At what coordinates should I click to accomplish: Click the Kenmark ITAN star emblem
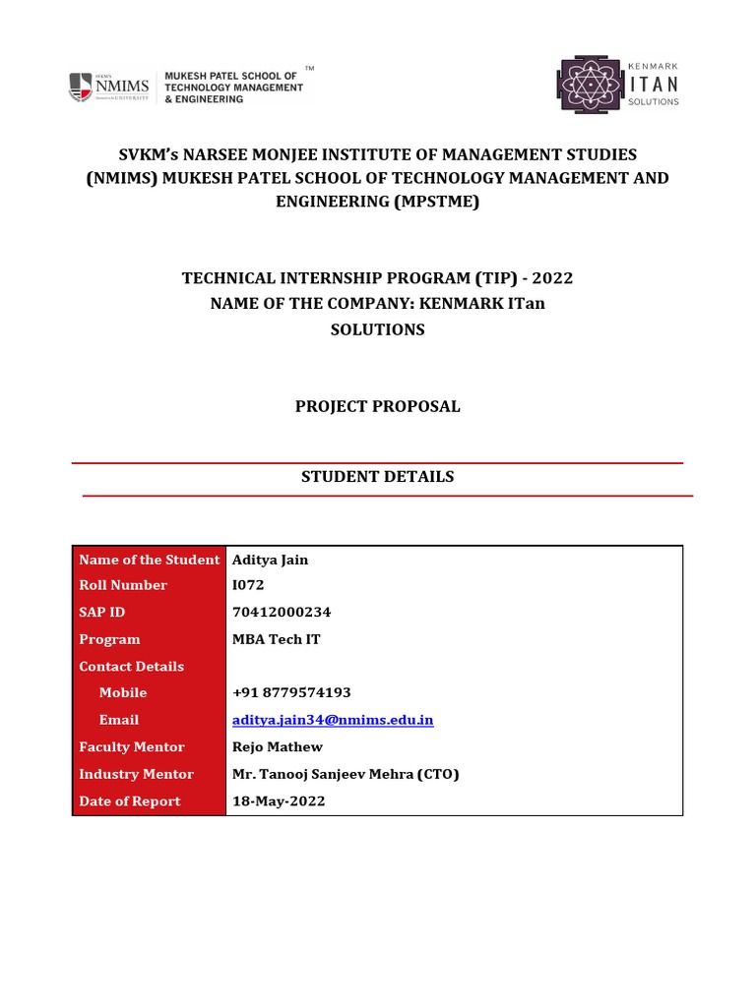590,86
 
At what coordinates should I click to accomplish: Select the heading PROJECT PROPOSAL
378,406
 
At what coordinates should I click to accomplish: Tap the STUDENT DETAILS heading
378,477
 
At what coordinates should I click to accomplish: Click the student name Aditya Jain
270,560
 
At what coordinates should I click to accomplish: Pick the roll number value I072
249,585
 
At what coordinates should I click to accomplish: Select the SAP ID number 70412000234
282,612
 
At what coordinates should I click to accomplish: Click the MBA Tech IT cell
277,639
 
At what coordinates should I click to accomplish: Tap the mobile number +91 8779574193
291,692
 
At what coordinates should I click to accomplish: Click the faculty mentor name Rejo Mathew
278,747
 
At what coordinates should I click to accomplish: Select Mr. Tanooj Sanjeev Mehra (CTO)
346,774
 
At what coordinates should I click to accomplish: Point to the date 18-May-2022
279,801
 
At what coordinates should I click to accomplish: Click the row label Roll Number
123,585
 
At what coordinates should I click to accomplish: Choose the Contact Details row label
131,666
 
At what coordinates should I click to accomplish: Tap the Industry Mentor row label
136,774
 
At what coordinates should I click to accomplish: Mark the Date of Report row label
129,801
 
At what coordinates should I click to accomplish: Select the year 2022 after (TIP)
552,278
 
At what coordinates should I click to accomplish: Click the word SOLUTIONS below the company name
378,329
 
